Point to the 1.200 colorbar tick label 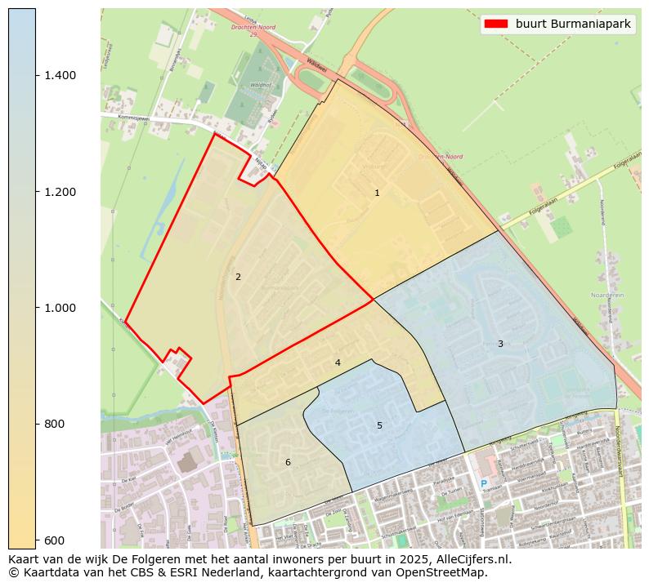pos(59,192)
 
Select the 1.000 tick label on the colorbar pos(59,308)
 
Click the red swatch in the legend pos(496,24)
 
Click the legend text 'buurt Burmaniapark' pos(573,24)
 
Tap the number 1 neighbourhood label pos(377,193)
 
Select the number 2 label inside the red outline pos(238,277)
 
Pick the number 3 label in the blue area pos(500,344)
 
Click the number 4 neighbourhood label pos(338,362)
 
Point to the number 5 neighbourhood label pos(379,425)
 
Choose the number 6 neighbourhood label pos(288,462)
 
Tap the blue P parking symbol pos(483,484)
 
